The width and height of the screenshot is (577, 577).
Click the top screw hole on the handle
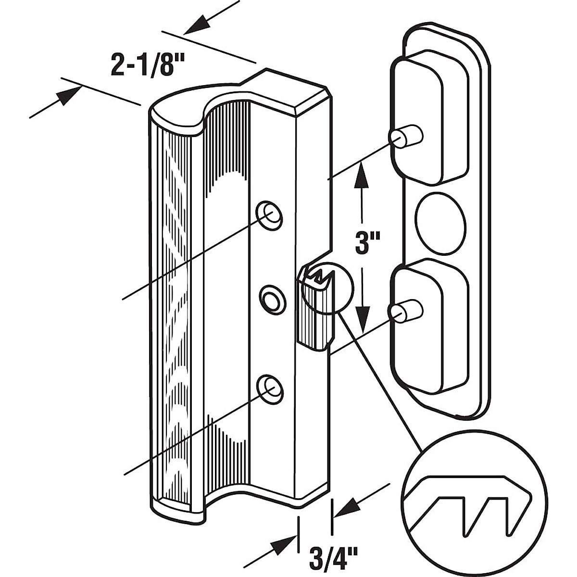click(x=269, y=213)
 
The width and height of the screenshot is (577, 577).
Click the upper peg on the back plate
click(x=409, y=136)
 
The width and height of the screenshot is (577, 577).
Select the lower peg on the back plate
click(x=409, y=310)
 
